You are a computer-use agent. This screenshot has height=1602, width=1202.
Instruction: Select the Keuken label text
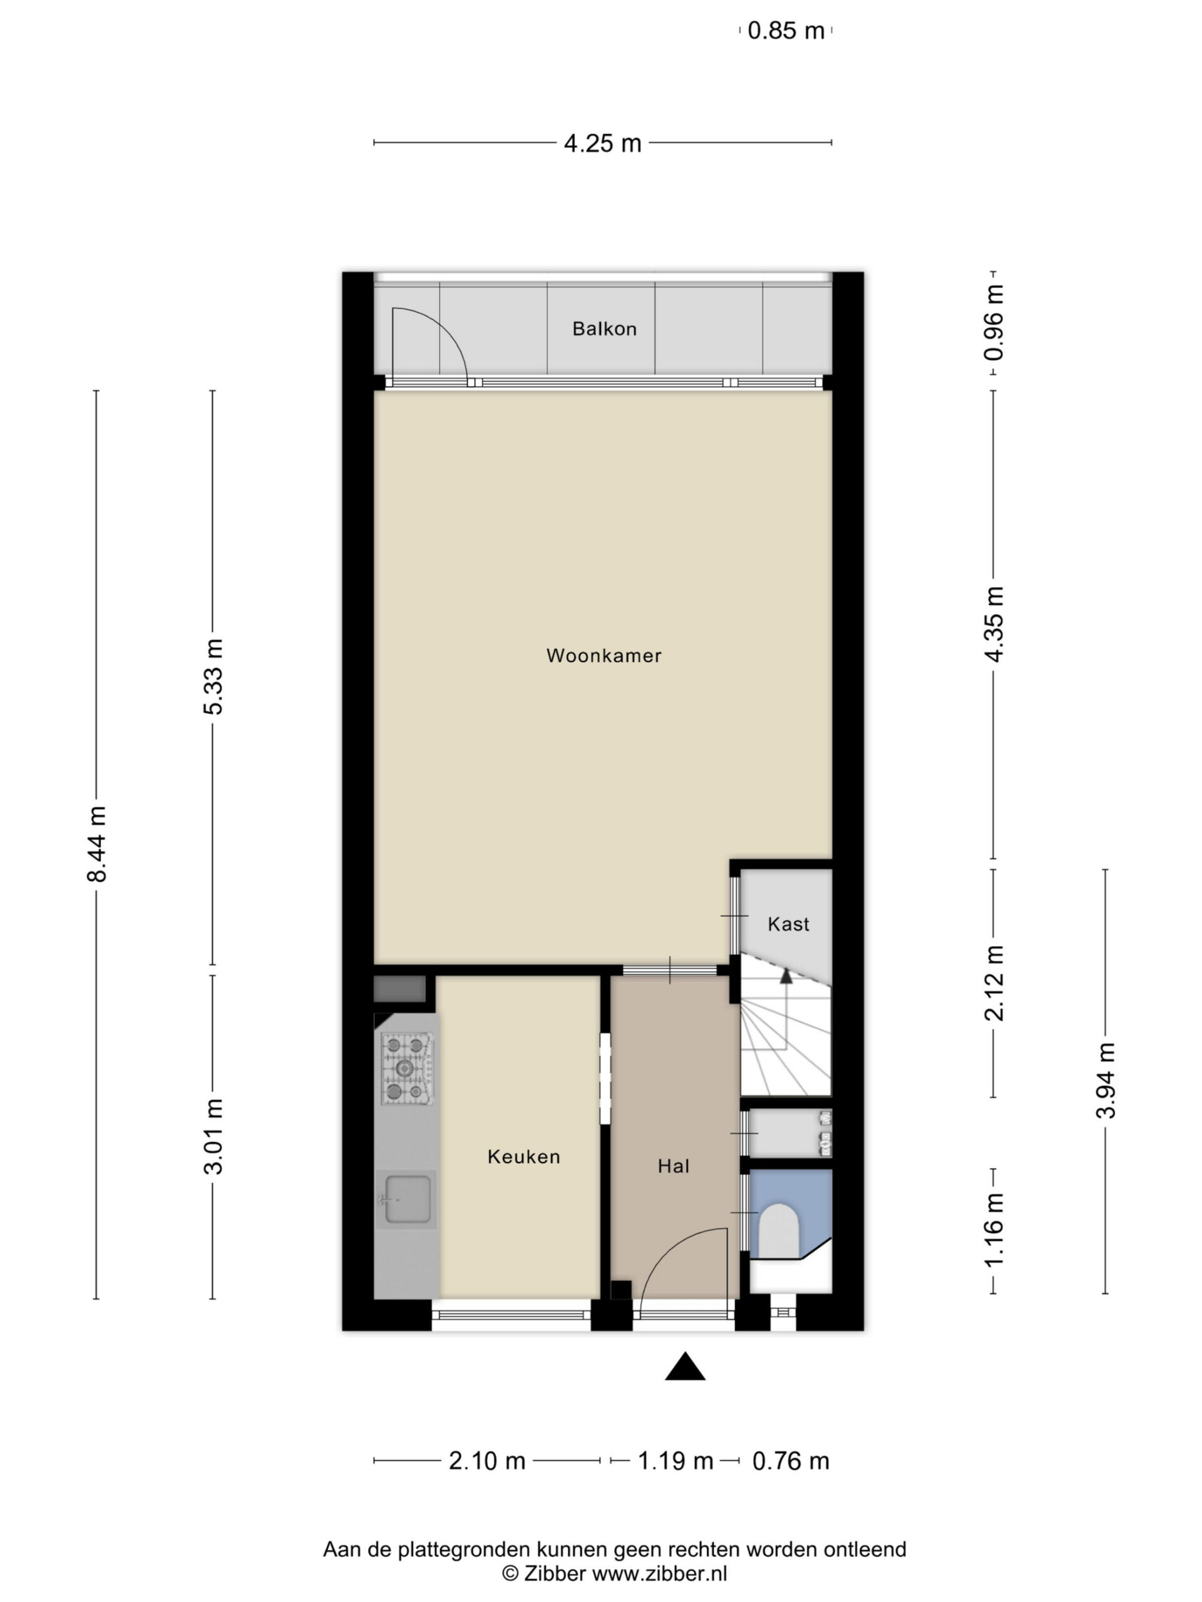[524, 1156]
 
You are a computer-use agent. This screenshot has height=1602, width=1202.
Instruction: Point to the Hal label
[673, 1166]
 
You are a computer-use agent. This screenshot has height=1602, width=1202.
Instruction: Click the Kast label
[788, 924]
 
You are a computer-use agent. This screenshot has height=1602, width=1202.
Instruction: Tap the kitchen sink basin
[409, 1200]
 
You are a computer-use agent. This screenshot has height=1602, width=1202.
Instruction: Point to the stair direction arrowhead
[786, 976]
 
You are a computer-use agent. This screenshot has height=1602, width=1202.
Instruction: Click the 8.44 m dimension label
[97, 844]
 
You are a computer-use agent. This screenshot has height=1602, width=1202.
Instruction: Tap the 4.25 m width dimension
[603, 143]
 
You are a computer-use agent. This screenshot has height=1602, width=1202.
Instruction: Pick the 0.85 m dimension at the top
[786, 31]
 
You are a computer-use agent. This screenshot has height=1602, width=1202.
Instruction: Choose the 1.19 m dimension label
[675, 1461]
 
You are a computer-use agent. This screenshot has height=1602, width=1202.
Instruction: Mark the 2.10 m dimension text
[487, 1461]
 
